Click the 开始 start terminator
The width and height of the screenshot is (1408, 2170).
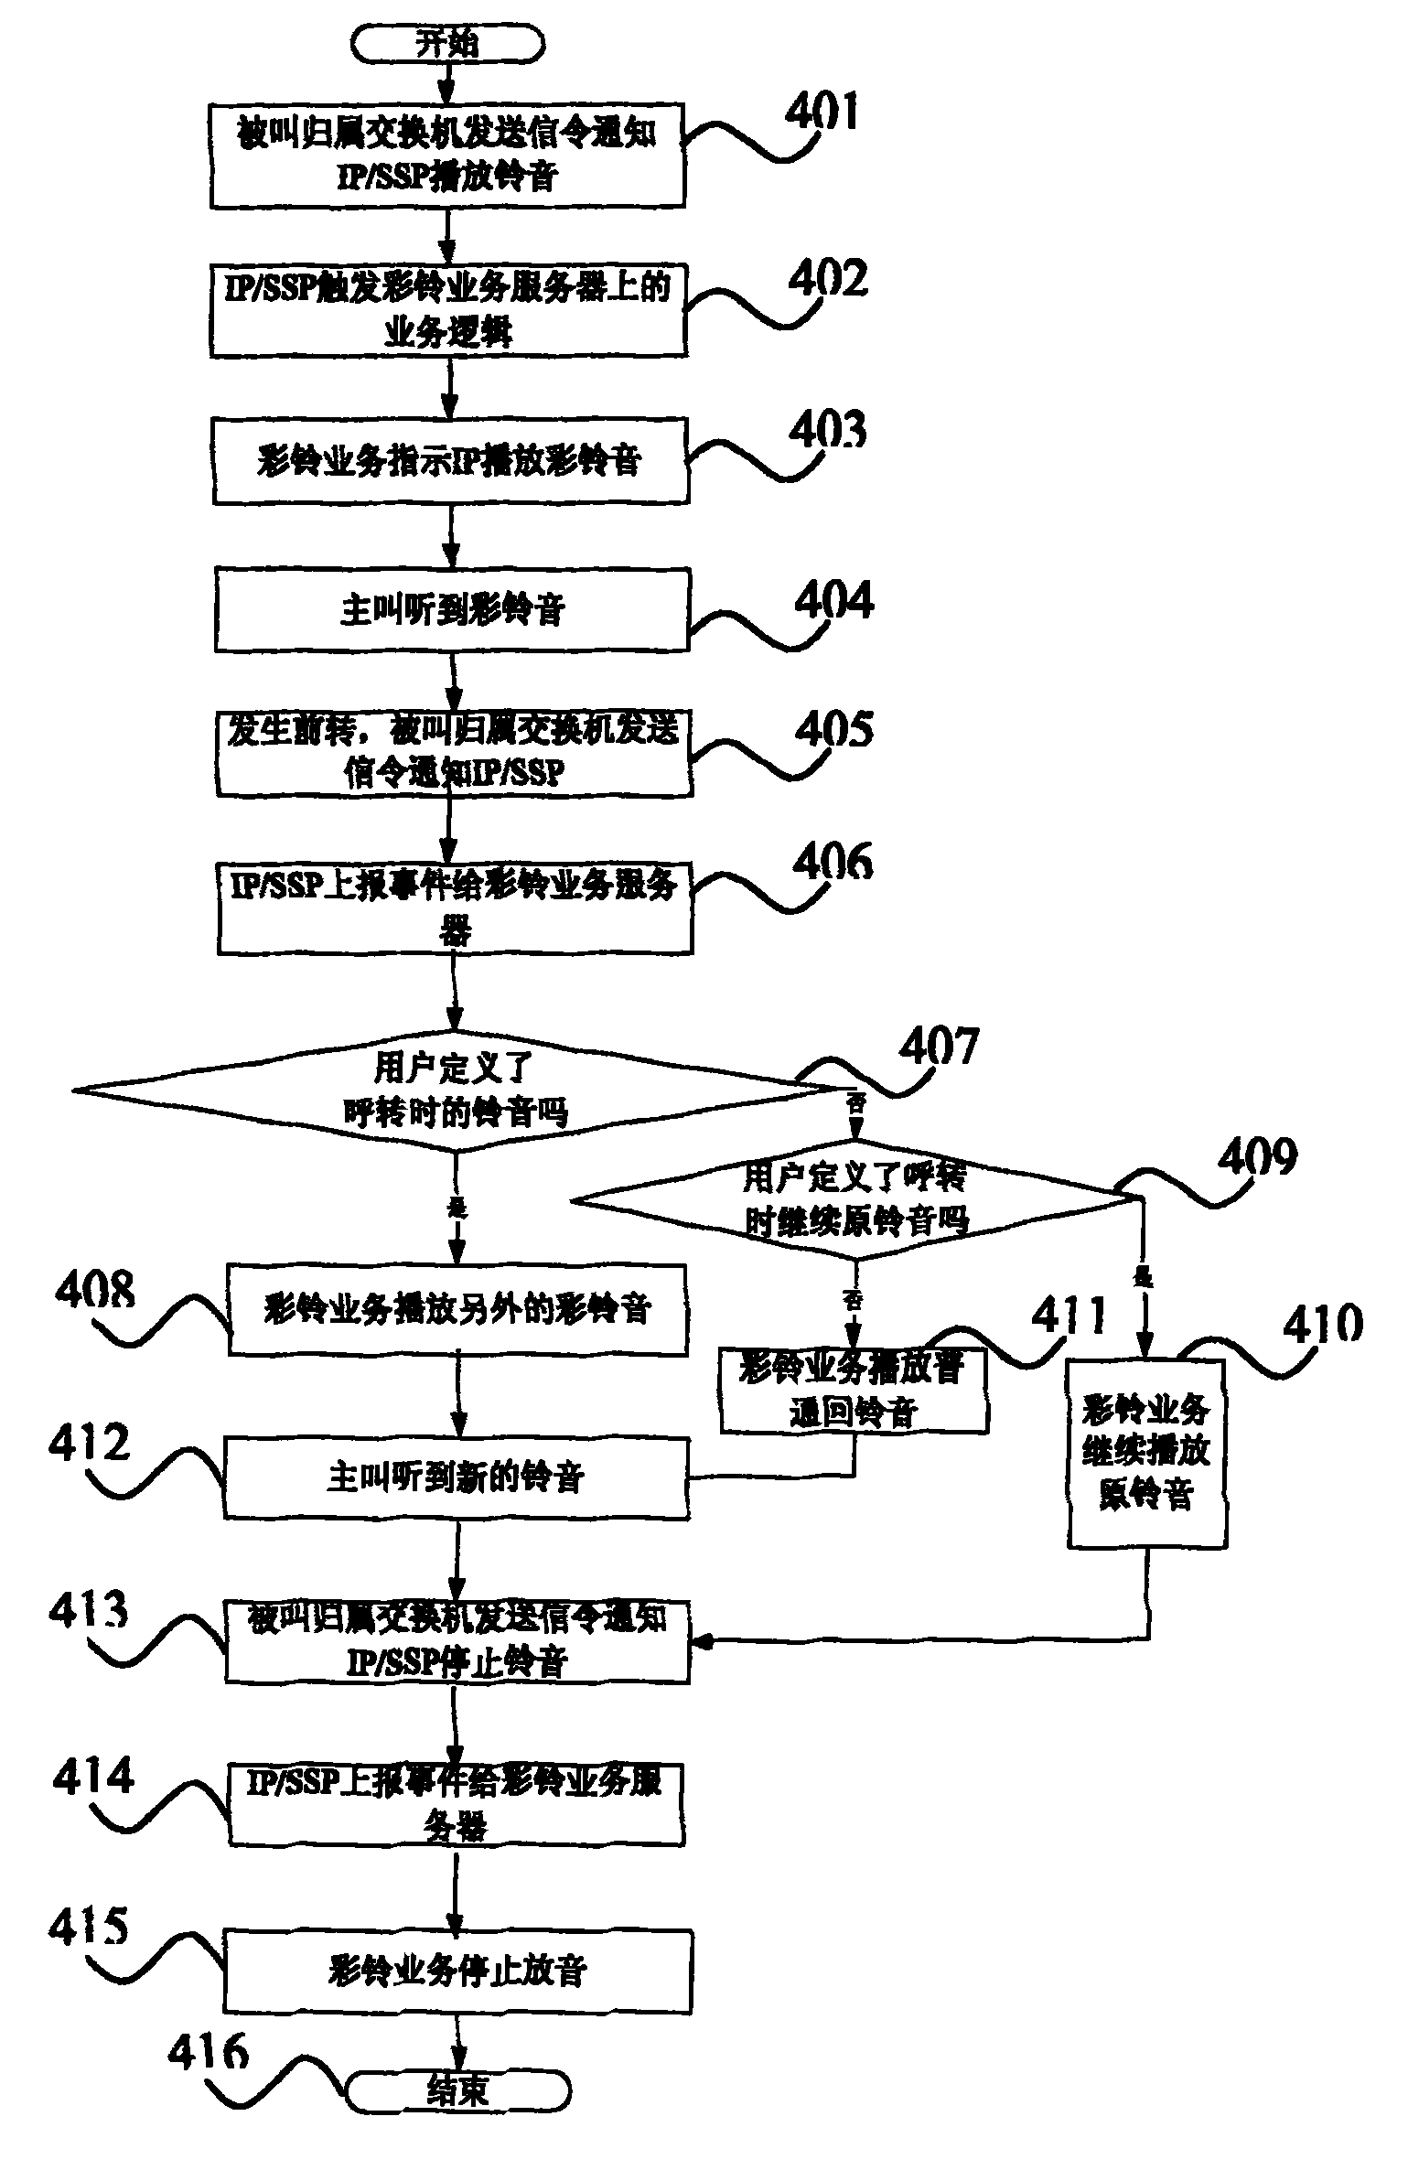click(x=447, y=43)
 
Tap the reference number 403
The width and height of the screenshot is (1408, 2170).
click(x=828, y=429)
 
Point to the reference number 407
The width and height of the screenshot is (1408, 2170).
click(x=939, y=1045)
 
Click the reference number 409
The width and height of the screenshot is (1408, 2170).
click(x=1257, y=1158)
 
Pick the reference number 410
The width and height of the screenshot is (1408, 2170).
click(x=1322, y=1323)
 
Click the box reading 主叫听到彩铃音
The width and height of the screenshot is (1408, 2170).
click(x=452, y=610)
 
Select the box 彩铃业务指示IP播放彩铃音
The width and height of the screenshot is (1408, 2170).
click(x=450, y=461)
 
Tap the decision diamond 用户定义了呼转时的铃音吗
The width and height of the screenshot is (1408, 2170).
click(x=455, y=1090)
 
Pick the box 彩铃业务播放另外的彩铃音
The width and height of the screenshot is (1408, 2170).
click(x=457, y=1310)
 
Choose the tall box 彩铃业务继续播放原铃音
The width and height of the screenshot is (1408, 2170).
click(x=1146, y=1454)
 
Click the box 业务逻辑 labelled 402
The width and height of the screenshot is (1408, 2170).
click(x=448, y=311)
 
